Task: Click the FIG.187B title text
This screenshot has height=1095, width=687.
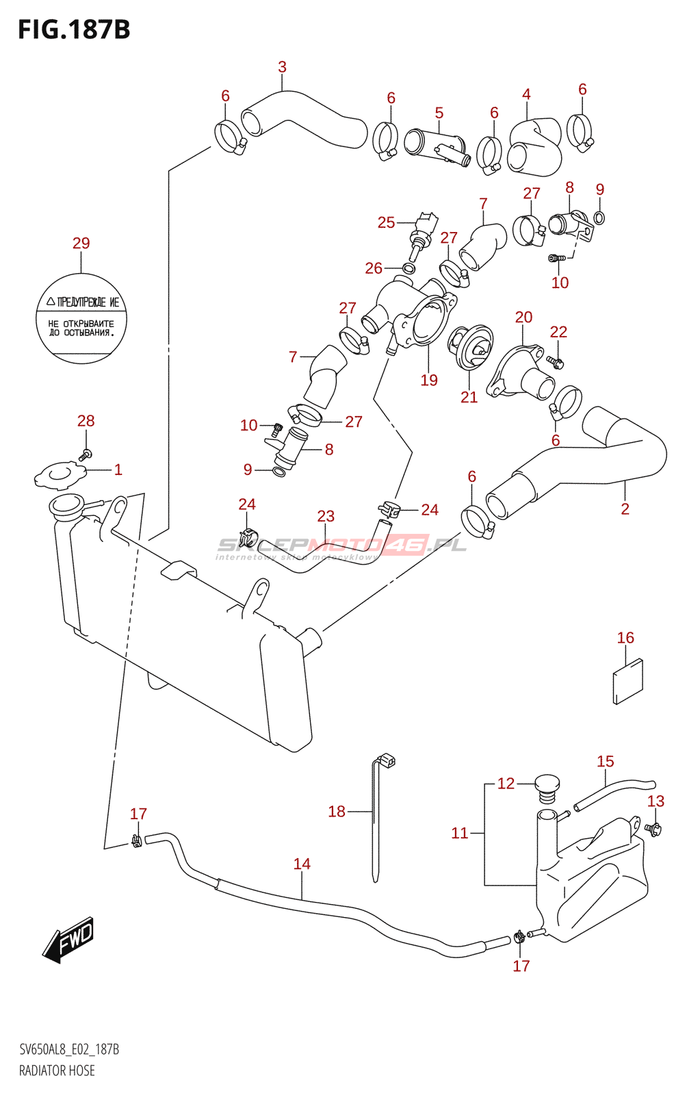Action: click(x=74, y=30)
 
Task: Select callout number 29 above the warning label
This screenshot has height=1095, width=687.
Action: click(x=81, y=243)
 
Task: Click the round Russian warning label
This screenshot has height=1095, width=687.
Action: click(x=81, y=318)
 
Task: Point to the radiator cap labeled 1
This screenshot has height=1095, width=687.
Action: click(x=60, y=475)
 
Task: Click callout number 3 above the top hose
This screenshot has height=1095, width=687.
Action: click(x=282, y=67)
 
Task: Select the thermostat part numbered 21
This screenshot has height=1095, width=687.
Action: click(x=471, y=348)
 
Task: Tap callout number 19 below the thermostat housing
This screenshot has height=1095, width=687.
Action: click(x=429, y=381)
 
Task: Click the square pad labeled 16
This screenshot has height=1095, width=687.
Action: click(x=627, y=681)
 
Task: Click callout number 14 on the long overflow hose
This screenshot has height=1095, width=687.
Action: click(x=302, y=864)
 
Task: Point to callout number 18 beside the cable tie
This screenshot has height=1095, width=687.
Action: click(x=337, y=812)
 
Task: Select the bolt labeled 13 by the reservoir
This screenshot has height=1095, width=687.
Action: click(x=653, y=829)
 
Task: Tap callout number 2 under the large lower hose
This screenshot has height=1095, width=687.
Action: click(x=625, y=508)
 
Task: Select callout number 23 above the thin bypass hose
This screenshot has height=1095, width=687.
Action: click(x=326, y=516)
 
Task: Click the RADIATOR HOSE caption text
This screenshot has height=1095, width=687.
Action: click(x=57, y=1070)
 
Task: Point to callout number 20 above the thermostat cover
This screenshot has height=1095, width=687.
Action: click(x=523, y=317)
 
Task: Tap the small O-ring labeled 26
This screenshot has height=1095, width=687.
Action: click(x=408, y=268)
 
